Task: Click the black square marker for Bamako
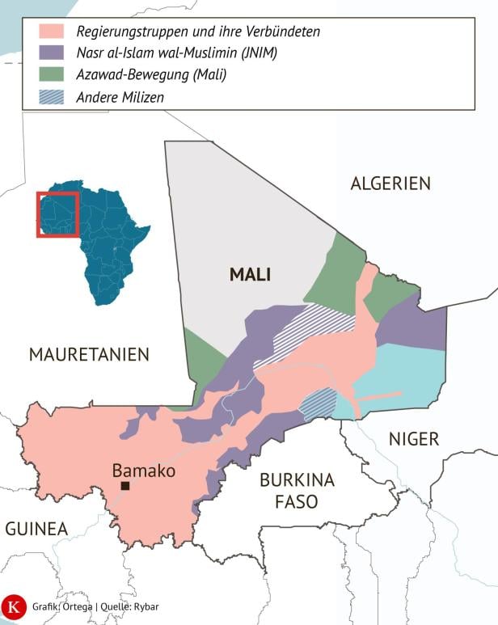pyautogui.click(x=125, y=486)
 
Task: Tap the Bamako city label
pyautogui.click(x=143, y=470)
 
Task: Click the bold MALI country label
pyautogui.click(x=250, y=275)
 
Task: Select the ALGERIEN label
pyautogui.click(x=390, y=184)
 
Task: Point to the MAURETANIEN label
pyautogui.click(x=89, y=354)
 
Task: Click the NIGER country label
pyautogui.click(x=414, y=439)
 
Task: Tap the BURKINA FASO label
pyautogui.click(x=297, y=490)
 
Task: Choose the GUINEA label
pyautogui.click(x=36, y=529)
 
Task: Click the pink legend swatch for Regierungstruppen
pyautogui.click(x=53, y=32)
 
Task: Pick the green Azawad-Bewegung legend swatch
pyautogui.click(x=53, y=75)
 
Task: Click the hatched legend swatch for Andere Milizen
pyautogui.click(x=53, y=96)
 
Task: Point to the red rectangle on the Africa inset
pyautogui.click(x=57, y=214)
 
